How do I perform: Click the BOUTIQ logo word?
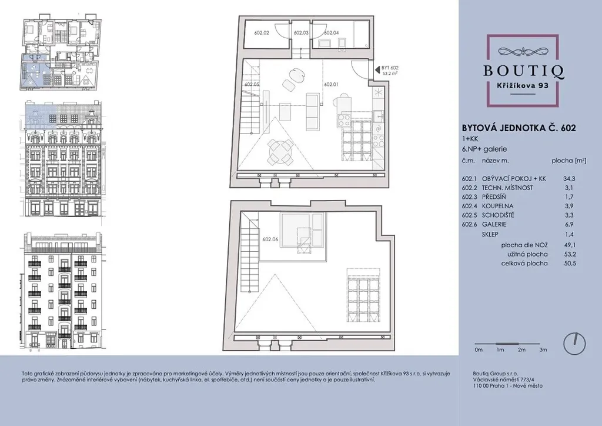pos(523,71)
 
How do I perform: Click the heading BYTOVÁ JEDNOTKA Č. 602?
pos(519,128)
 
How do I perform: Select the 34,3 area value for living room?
pos(569,179)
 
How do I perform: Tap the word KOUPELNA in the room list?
pos(497,206)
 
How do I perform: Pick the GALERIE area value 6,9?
pos(569,224)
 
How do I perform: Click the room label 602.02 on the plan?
pos(262,33)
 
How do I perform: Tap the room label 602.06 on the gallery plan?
pos(270,239)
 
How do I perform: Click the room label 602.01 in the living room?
pos(332,84)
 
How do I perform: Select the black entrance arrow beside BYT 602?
pos(377,70)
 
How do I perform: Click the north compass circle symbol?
pos(574,343)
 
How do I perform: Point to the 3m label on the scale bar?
pos(543,350)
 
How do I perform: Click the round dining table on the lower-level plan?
pos(280,151)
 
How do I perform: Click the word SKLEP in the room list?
pos(490,234)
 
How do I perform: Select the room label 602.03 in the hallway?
pos(301,33)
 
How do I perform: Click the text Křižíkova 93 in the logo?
pos(523,86)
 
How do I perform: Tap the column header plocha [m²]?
pos(569,161)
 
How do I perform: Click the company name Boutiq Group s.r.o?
pos(495,374)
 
